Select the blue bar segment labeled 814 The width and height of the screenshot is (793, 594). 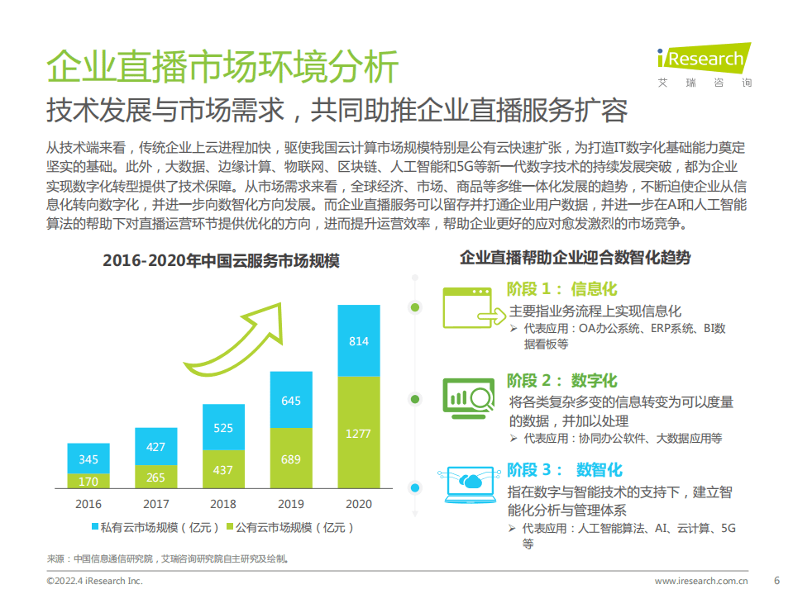coord(358,340)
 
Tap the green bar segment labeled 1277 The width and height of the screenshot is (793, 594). coord(358,434)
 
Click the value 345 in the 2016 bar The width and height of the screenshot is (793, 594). coord(88,459)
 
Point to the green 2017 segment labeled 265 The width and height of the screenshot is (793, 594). coord(155,477)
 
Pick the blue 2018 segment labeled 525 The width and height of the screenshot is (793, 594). coord(223,427)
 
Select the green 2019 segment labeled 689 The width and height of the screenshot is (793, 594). coord(291,459)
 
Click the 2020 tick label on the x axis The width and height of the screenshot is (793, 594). coord(358,504)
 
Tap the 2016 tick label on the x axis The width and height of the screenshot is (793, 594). coord(88,504)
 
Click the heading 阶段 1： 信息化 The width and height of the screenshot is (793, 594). coord(561,289)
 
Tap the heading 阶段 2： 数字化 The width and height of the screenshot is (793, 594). coord(561,381)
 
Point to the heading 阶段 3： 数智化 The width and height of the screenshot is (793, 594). coord(564,470)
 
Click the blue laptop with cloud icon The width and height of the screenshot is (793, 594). coord(470,484)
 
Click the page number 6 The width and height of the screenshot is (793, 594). coord(776,580)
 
